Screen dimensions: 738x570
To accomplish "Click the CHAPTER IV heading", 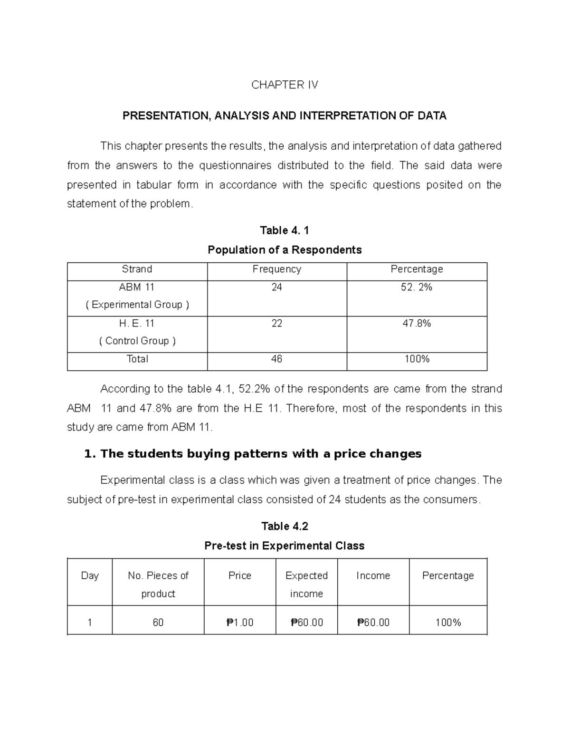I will (x=285, y=85).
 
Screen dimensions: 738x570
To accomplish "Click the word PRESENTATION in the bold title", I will (x=165, y=116).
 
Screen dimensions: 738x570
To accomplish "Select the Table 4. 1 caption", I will (x=285, y=230).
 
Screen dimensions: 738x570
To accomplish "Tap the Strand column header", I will (x=137, y=269).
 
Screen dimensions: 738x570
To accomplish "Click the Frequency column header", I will (x=277, y=269).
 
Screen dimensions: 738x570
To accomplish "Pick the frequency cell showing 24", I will (x=277, y=287).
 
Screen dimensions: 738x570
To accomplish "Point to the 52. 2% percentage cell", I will (x=417, y=287).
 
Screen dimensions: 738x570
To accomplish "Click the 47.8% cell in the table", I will (x=417, y=323).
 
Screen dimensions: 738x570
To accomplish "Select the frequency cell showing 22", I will (x=277, y=323).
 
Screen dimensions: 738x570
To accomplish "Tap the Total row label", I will (x=137, y=359).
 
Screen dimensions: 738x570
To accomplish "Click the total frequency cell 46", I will (x=277, y=359).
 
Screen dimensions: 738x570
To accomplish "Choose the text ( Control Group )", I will (x=137, y=341).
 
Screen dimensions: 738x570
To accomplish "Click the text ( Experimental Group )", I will (x=137, y=305).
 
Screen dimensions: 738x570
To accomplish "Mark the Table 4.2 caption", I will (x=285, y=526).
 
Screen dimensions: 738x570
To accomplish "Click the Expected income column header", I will (x=306, y=584).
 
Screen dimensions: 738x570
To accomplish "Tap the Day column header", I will (x=90, y=575).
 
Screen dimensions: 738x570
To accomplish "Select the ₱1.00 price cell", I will (x=240, y=622).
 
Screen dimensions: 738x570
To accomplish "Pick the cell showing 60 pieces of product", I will (x=158, y=622).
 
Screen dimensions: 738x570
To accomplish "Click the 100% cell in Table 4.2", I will (x=448, y=622).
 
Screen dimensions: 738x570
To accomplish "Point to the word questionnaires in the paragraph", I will (x=235, y=165).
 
